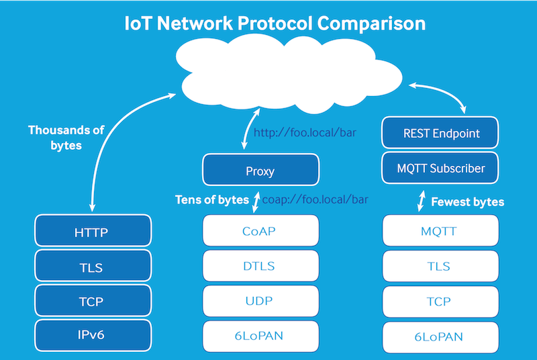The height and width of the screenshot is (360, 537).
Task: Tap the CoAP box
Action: (x=260, y=231)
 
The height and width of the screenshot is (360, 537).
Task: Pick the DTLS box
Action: (x=260, y=266)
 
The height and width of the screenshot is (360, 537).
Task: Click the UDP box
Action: (x=260, y=302)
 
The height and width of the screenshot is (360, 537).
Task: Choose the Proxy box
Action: (x=260, y=171)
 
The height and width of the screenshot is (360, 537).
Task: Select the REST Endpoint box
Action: (x=441, y=133)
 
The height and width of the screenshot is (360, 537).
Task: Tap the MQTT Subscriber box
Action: (x=441, y=169)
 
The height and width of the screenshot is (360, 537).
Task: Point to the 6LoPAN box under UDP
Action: (x=260, y=336)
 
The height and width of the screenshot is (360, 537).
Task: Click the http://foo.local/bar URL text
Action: (x=304, y=132)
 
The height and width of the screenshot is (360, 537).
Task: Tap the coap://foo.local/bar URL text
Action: (x=315, y=199)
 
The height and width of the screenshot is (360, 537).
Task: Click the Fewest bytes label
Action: (x=467, y=201)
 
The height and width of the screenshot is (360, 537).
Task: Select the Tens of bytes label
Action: (x=211, y=199)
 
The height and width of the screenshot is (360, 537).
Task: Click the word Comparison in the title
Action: (x=371, y=23)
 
